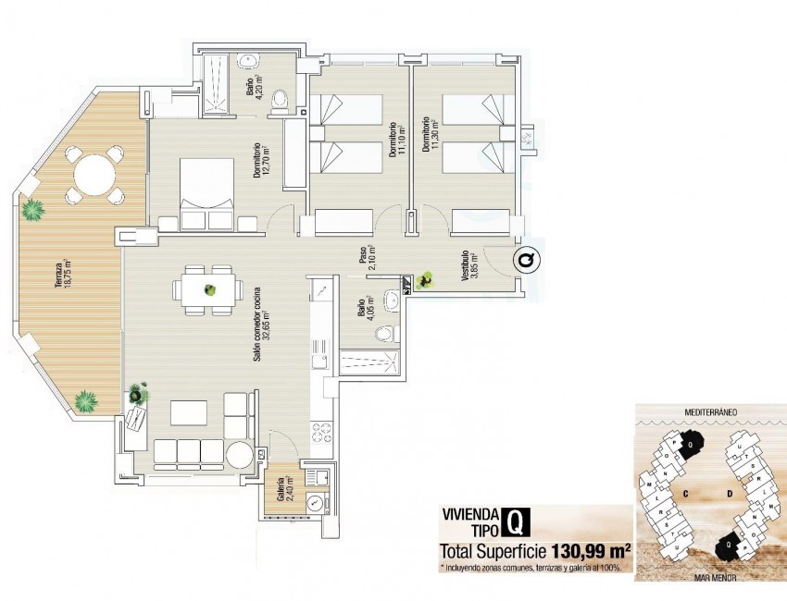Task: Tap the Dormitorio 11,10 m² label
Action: point(395,139)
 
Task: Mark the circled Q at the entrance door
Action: point(526,262)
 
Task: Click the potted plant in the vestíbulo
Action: point(426,277)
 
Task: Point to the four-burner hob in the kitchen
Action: point(320,432)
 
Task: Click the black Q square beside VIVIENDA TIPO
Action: point(516,523)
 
